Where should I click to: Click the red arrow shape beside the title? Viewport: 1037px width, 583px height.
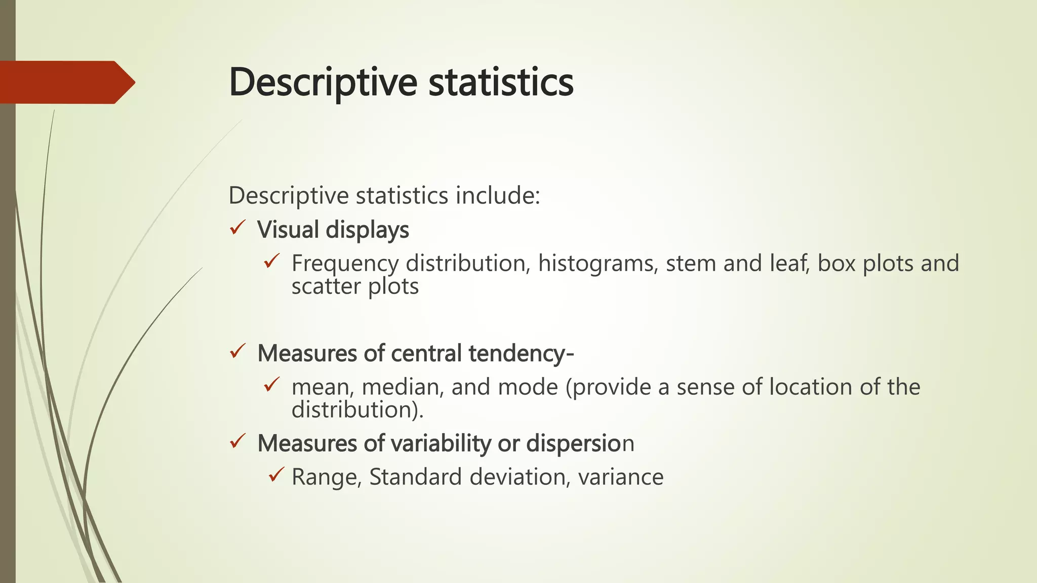click(x=66, y=82)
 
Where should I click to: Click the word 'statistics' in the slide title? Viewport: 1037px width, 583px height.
click(x=501, y=82)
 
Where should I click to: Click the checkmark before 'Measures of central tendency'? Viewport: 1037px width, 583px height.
click(x=237, y=351)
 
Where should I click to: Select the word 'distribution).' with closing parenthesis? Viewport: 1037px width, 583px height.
click(x=357, y=410)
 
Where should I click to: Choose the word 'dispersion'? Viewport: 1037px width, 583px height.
click(x=580, y=443)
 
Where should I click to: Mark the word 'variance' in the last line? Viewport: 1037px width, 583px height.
click(x=620, y=477)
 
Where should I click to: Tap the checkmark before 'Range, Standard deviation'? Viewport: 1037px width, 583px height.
click(x=276, y=475)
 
